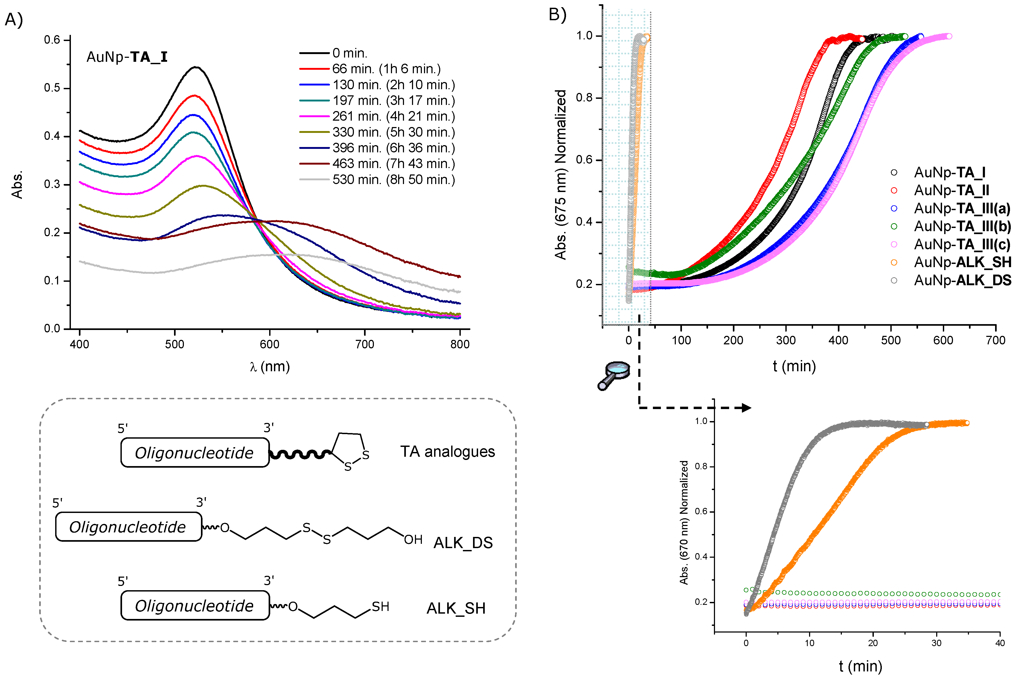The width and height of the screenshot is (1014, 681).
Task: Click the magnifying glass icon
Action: [613, 375]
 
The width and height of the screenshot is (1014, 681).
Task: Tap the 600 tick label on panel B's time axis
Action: [943, 340]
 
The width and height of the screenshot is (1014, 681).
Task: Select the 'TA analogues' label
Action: [447, 452]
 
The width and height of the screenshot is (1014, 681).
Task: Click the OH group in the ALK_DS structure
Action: [413, 540]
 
